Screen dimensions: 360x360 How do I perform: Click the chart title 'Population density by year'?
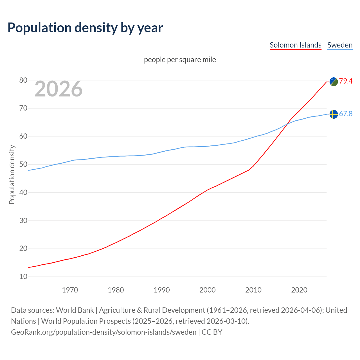tap(85, 28)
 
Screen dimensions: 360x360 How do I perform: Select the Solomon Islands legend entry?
tap(295, 45)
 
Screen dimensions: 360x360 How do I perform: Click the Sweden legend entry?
tap(340, 45)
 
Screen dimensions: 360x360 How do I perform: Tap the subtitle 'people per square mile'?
tap(180, 60)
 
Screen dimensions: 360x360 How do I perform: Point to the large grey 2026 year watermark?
tap(58, 89)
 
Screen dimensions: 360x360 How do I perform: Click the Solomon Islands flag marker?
tap(334, 82)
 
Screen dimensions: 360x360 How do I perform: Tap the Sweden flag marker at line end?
tap(334, 114)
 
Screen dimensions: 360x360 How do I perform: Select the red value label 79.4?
tap(346, 81)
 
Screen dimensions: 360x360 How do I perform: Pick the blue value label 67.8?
tap(346, 114)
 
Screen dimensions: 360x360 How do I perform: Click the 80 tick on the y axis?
tap(23, 80)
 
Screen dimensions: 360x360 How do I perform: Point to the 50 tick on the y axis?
tap(23, 165)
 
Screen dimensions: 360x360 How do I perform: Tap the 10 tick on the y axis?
tap(23, 277)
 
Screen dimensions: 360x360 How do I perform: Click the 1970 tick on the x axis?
tap(70, 290)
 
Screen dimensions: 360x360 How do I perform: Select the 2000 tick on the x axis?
tap(207, 290)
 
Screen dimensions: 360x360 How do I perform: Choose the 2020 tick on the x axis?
tap(299, 290)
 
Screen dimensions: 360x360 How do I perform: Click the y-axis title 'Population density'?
tap(12, 174)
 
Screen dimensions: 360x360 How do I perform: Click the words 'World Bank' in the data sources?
tap(75, 310)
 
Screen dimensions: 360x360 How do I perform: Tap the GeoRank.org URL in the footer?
tap(103, 332)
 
